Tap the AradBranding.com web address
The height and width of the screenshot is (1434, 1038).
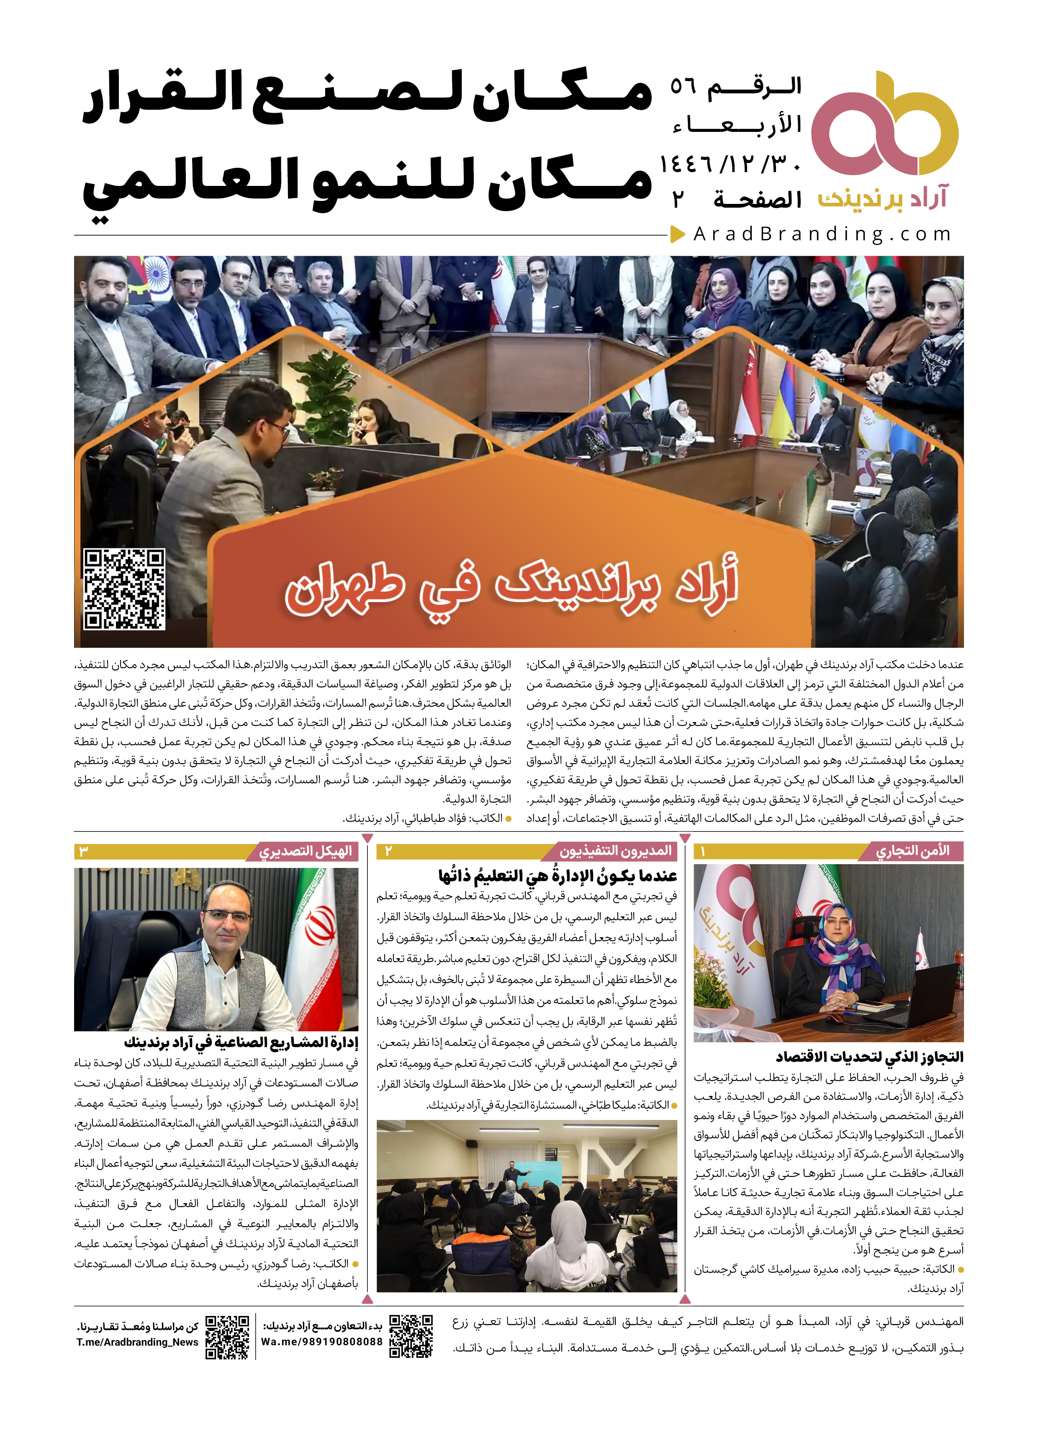point(822,234)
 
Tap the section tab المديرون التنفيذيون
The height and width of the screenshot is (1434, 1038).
point(615,851)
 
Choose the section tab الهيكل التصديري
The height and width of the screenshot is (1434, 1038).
point(306,852)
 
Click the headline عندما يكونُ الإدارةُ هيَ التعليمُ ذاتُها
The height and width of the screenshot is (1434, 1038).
point(557,876)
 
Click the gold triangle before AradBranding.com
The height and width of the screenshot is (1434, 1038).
point(678,234)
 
